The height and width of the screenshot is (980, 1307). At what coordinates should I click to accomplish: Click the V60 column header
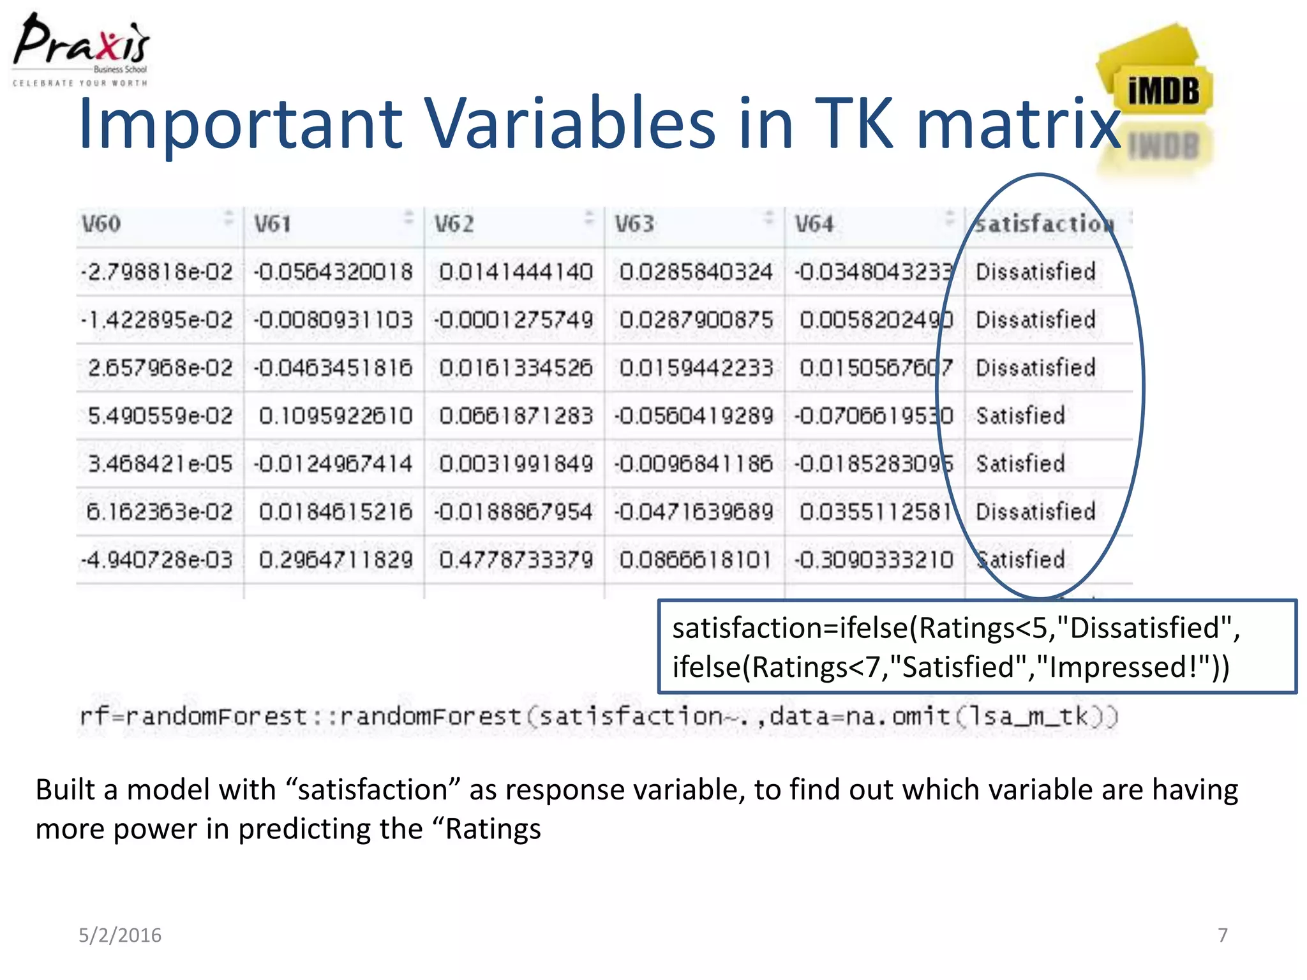(x=101, y=224)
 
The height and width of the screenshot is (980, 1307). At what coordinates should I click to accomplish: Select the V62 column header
(x=454, y=224)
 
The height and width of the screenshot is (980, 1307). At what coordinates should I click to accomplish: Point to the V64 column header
(x=814, y=224)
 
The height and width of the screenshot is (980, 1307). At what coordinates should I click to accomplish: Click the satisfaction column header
(x=1044, y=224)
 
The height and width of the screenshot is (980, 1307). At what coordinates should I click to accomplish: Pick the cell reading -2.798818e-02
(x=157, y=272)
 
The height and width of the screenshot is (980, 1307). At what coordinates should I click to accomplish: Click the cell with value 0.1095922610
(x=336, y=416)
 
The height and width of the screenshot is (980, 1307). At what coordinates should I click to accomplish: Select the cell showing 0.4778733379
(x=516, y=560)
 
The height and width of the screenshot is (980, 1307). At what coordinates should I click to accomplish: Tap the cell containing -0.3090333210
(x=874, y=560)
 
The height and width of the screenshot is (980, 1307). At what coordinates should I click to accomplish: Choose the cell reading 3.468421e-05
(x=160, y=464)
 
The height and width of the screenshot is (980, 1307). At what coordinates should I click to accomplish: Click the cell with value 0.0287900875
(x=696, y=320)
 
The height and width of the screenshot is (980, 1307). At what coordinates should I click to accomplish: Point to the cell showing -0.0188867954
(x=514, y=512)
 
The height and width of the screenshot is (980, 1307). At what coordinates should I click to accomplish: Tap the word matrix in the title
(x=1019, y=124)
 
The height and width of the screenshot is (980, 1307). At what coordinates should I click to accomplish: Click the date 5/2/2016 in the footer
(x=120, y=935)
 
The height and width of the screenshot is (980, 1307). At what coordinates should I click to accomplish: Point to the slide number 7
(x=1222, y=935)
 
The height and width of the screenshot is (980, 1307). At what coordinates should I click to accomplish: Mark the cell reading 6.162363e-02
(x=160, y=512)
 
